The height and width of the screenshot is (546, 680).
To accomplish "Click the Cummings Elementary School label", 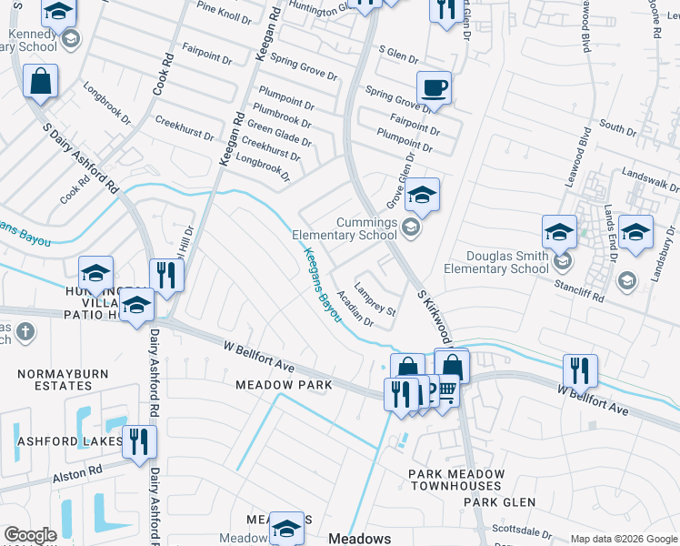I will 345,228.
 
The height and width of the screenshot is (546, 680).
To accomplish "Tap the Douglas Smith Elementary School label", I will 496,262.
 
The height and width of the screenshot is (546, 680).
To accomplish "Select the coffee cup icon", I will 434,89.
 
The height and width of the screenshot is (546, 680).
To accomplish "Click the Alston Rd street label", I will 77,472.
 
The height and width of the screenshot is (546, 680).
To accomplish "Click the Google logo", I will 30,536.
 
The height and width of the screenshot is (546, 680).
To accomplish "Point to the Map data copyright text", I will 623,539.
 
